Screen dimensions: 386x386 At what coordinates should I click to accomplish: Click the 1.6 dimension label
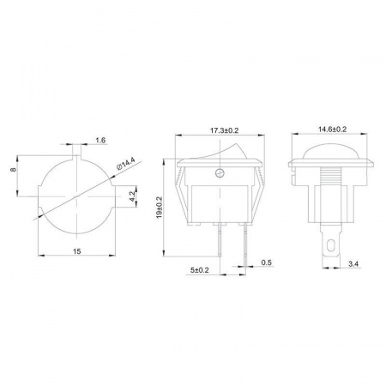[100, 140]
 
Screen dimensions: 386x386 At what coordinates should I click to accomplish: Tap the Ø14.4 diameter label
[126, 164]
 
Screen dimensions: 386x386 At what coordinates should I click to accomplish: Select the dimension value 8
[13, 169]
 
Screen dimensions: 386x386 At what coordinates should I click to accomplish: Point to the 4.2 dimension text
[132, 196]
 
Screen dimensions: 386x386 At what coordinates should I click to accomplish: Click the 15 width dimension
[76, 251]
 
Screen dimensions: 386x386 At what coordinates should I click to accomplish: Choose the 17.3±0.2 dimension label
[225, 130]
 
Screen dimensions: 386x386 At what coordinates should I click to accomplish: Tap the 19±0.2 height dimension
[160, 208]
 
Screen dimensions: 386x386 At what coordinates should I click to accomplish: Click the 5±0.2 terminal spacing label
[200, 270]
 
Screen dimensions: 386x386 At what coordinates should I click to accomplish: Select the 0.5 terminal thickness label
[267, 262]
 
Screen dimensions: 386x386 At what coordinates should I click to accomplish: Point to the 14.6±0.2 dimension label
[333, 130]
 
